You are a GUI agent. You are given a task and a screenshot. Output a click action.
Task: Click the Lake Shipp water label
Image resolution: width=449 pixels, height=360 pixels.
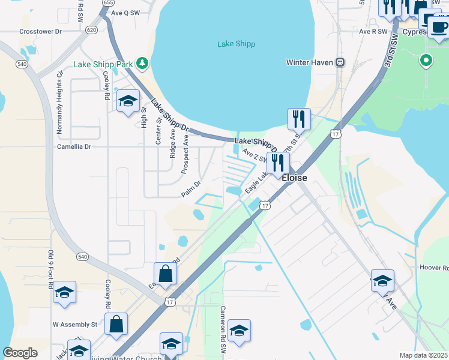click(235, 44)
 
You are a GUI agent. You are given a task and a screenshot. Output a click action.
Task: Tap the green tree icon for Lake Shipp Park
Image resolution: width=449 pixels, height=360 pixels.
click(142, 62)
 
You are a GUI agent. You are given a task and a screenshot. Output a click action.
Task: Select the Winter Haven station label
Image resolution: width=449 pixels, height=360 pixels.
click(310, 62)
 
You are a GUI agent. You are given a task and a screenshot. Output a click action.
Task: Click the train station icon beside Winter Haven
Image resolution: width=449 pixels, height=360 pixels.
click(340, 62)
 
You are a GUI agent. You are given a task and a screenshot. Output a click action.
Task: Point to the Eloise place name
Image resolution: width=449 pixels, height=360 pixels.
click(295, 178)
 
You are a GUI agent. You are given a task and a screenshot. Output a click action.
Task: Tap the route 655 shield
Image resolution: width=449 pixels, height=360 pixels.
click(108, 3)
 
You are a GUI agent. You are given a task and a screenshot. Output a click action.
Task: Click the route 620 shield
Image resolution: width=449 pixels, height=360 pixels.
click(91, 29)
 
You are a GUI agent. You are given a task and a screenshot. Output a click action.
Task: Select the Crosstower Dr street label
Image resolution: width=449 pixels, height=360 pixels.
click(40, 31)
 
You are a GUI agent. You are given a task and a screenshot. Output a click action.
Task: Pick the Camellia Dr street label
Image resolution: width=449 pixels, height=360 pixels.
click(74, 146)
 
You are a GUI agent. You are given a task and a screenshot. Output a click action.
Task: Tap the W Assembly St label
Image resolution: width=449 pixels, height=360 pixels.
click(75, 325)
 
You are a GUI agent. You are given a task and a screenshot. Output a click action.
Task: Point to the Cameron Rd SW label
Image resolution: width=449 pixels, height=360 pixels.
click(223, 329)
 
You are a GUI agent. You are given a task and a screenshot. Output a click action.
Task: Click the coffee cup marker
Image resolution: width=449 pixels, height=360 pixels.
click(439, 27)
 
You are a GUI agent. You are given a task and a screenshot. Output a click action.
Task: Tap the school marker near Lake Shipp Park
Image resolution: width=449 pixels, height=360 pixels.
click(128, 102)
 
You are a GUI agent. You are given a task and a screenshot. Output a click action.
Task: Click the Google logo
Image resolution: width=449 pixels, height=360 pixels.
click(20, 353)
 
